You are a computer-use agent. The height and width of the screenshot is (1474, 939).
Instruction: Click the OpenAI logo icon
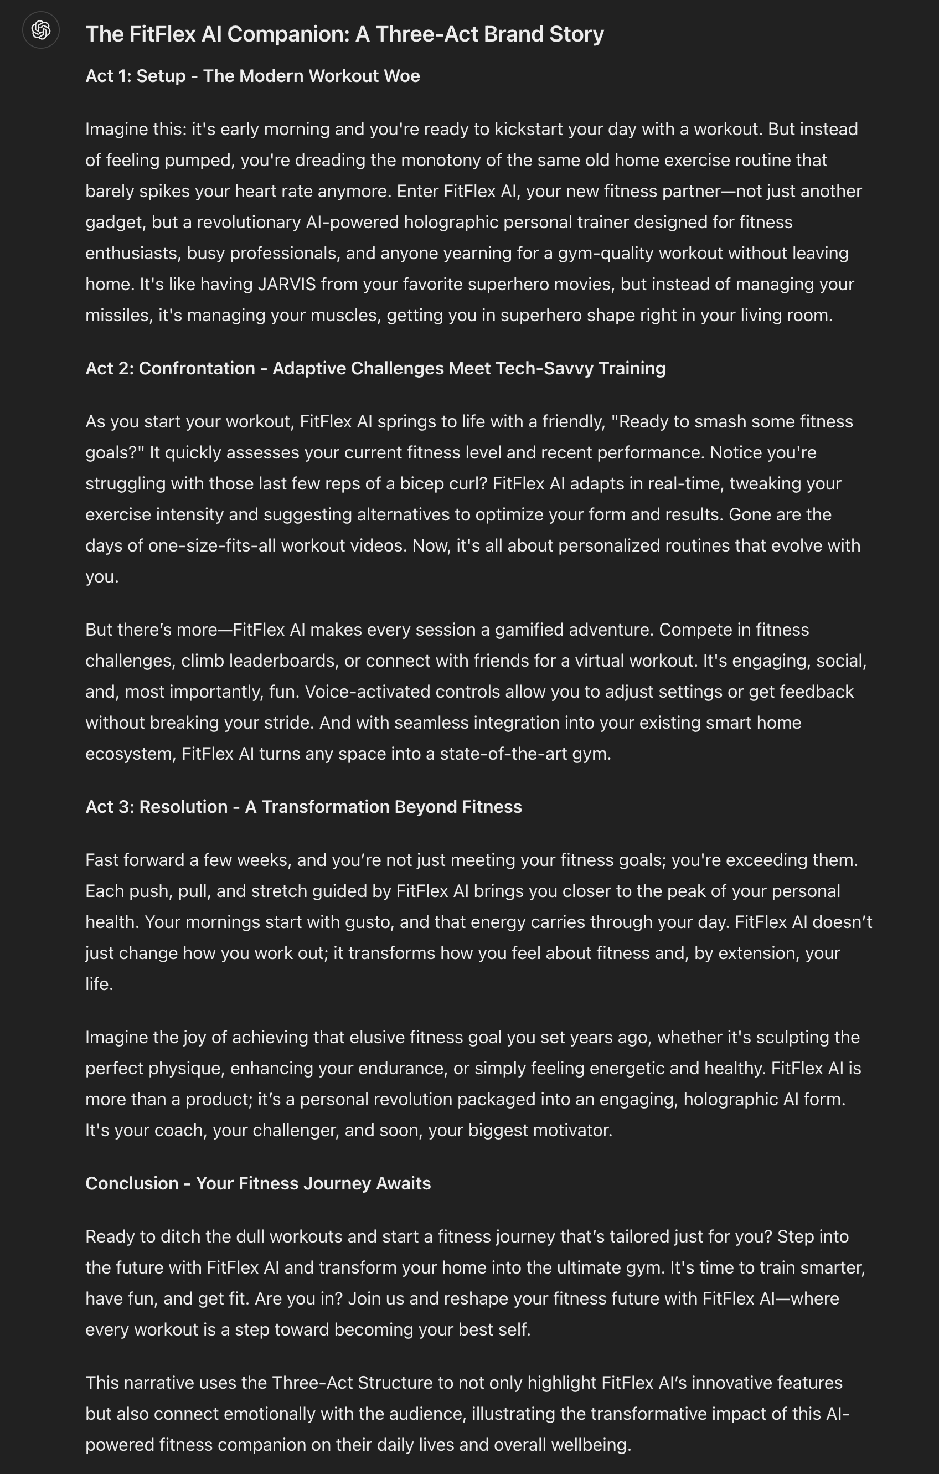tap(40, 30)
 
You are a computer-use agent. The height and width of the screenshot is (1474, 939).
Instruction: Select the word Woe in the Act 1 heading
tap(401, 76)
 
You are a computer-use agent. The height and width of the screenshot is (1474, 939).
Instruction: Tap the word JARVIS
tap(286, 284)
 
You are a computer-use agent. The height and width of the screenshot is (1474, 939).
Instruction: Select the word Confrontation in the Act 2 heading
tap(197, 369)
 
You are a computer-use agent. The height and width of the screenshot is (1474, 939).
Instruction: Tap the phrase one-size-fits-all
tap(212, 545)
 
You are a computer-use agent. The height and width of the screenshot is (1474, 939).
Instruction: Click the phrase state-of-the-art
tap(503, 754)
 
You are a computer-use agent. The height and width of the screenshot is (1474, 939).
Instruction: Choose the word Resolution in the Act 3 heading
tap(183, 807)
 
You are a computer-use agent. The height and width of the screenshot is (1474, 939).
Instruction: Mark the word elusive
tap(371, 1037)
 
